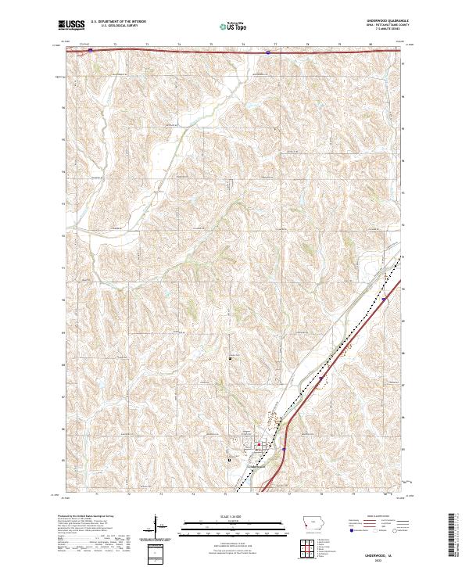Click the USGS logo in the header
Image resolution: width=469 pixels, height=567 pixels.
pos(71,26)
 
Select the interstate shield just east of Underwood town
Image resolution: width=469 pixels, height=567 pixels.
pos(285,448)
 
